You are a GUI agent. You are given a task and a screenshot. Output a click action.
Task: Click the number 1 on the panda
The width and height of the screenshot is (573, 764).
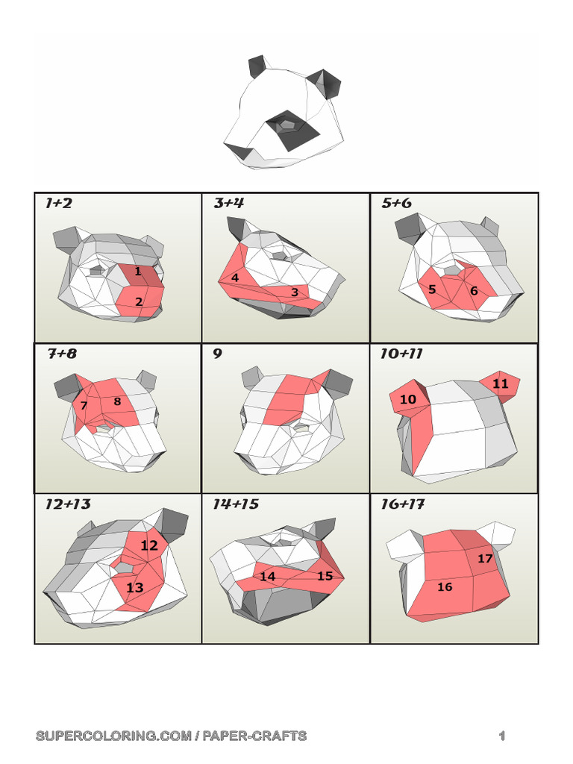[x=138, y=272]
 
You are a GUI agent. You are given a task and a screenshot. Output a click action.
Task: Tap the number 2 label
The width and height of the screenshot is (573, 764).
[x=139, y=301]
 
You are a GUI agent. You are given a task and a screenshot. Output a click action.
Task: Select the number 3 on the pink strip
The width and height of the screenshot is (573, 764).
[x=295, y=292]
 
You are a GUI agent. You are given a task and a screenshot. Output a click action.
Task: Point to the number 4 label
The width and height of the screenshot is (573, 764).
[x=235, y=278]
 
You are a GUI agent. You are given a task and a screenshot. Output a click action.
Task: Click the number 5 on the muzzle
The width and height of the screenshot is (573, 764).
[x=432, y=289]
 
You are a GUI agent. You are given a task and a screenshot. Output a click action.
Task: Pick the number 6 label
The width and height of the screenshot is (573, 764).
[x=474, y=291]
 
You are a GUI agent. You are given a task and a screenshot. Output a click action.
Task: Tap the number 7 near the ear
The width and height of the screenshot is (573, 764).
[x=84, y=405]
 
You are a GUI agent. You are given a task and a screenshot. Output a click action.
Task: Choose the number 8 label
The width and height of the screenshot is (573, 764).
[x=117, y=401]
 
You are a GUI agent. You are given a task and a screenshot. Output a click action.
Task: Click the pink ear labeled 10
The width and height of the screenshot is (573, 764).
[x=408, y=399]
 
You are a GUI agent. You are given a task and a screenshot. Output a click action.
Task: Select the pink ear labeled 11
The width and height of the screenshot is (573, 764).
[x=500, y=383]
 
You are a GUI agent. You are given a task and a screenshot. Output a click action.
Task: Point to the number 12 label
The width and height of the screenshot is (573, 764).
[x=149, y=545]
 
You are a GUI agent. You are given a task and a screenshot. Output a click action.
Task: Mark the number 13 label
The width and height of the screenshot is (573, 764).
[x=134, y=587]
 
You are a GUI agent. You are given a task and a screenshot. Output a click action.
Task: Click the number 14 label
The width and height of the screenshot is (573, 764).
[x=267, y=576]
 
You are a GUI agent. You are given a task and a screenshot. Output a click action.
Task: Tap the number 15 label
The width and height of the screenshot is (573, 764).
[x=325, y=575]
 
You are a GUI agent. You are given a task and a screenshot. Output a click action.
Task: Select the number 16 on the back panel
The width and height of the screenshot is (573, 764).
[x=445, y=586]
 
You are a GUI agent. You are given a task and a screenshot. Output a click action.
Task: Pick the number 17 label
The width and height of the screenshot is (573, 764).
[x=485, y=558]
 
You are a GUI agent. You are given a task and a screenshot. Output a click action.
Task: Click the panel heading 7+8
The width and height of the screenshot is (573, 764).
[x=63, y=354]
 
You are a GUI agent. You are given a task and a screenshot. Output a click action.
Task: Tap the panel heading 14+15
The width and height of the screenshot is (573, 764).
[x=236, y=504]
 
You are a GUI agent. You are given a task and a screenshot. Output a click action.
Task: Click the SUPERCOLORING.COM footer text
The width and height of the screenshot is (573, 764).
[x=171, y=736]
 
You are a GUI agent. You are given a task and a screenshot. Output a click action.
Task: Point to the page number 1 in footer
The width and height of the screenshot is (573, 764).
[x=503, y=736]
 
